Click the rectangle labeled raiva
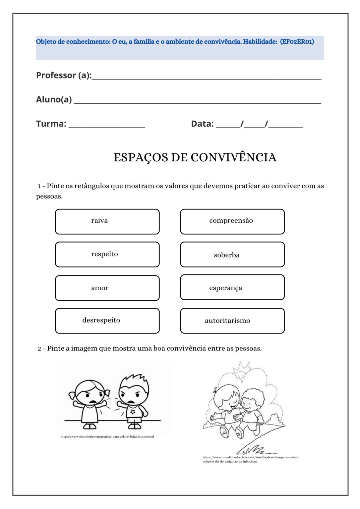[x=107, y=221]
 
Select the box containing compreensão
[x=232, y=221]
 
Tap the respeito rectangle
[x=107, y=254]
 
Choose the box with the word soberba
[x=232, y=254]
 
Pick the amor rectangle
[x=107, y=288]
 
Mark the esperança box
[x=232, y=287]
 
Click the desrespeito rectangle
[x=107, y=320]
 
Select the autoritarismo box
[x=232, y=320]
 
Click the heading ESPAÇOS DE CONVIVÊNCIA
[x=195, y=157]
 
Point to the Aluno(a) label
[x=54, y=99]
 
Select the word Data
[x=202, y=124]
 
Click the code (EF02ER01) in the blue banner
[x=297, y=42]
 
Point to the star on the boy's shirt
[x=133, y=412]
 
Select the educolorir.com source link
[x=107, y=436]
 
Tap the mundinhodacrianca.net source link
[x=251, y=459]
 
